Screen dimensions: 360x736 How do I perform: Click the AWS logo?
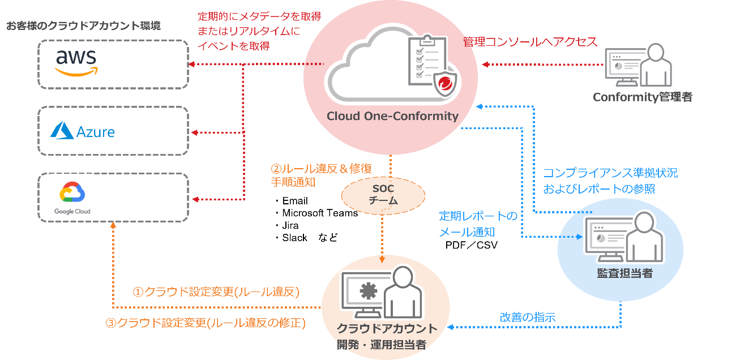(76, 62)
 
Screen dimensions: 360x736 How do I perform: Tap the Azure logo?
(83, 132)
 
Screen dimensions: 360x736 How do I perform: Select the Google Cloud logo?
(72, 198)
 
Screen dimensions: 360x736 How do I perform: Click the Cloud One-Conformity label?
(392, 117)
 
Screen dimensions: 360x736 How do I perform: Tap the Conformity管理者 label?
(642, 97)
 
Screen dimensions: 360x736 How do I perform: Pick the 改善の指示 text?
(528, 317)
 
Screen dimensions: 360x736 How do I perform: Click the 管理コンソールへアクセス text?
(530, 42)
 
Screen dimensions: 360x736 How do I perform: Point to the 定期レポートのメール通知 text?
(478, 224)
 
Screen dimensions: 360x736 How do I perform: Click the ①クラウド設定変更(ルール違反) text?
(216, 292)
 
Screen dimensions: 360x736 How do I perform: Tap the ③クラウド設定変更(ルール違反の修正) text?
(206, 323)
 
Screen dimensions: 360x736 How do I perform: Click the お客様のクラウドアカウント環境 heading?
(83, 26)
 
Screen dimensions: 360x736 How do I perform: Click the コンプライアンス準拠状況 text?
(610, 173)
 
